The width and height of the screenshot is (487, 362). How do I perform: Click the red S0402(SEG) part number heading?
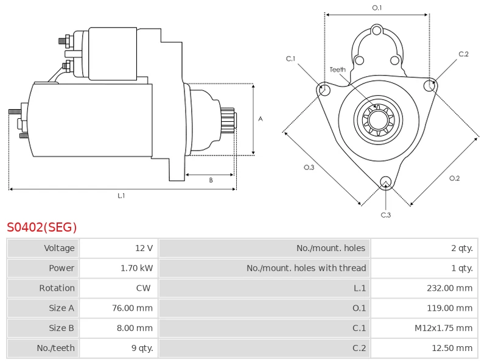pos(41,227)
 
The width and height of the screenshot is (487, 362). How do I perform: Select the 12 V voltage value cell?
pos(144,248)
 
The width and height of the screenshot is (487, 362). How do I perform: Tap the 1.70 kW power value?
pos(136,268)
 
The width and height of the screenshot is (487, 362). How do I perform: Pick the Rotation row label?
pos(57,288)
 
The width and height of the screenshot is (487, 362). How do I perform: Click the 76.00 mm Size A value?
pos(132,308)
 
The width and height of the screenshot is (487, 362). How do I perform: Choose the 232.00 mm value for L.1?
pos(449,288)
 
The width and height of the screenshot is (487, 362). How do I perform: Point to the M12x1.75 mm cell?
pos(444,328)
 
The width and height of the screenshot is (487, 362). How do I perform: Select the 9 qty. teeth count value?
pos(142,348)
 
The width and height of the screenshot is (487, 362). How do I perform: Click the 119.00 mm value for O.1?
pos(449,308)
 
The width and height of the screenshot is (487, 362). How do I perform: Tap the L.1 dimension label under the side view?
pos(121,196)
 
